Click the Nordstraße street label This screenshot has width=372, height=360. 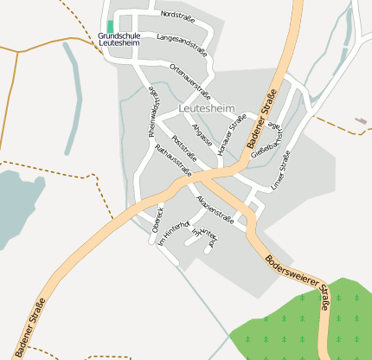point(177,16)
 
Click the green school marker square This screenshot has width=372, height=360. point(110,25)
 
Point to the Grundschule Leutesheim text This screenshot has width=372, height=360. point(119,39)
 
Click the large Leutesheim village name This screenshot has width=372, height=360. point(206,107)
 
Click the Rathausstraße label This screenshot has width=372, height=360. point(172,162)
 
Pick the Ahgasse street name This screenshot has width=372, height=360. point(202,135)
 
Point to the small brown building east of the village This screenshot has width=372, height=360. point(361,121)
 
